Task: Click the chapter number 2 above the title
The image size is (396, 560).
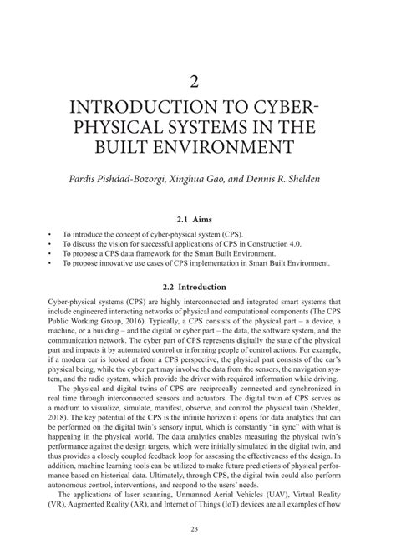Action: click(x=198, y=82)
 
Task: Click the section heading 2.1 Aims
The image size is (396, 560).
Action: click(x=198, y=213)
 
